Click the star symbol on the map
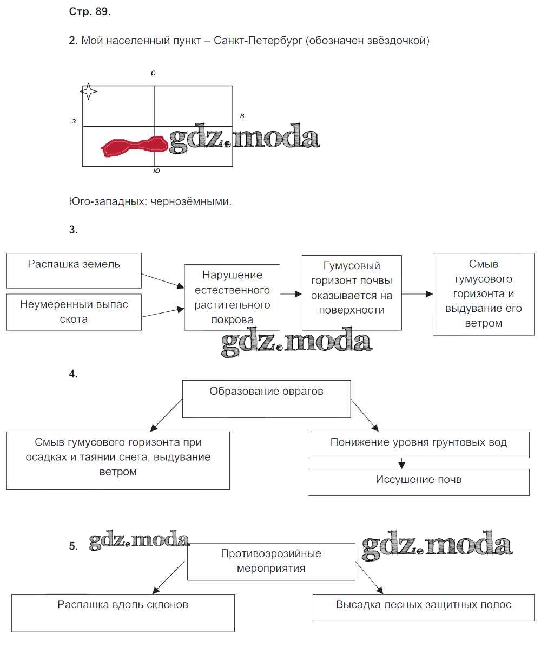point(89,92)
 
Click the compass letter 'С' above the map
point(154,73)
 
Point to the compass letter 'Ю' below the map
point(156,171)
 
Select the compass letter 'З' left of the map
point(74,121)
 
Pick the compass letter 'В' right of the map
point(242,116)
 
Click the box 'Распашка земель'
point(74,270)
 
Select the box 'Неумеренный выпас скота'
point(74,312)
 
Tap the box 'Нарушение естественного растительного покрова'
point(232,297)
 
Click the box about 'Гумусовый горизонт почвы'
point(352,292)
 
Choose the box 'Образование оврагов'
point(266,399)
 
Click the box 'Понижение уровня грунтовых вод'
point(418,445)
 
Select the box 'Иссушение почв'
point(418,482)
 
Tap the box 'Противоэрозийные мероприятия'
point(271,562)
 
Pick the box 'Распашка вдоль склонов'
point(123,612)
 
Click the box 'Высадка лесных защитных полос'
point(424,608)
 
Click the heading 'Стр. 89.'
point(90,12)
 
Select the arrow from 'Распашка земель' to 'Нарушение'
point(163,279)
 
